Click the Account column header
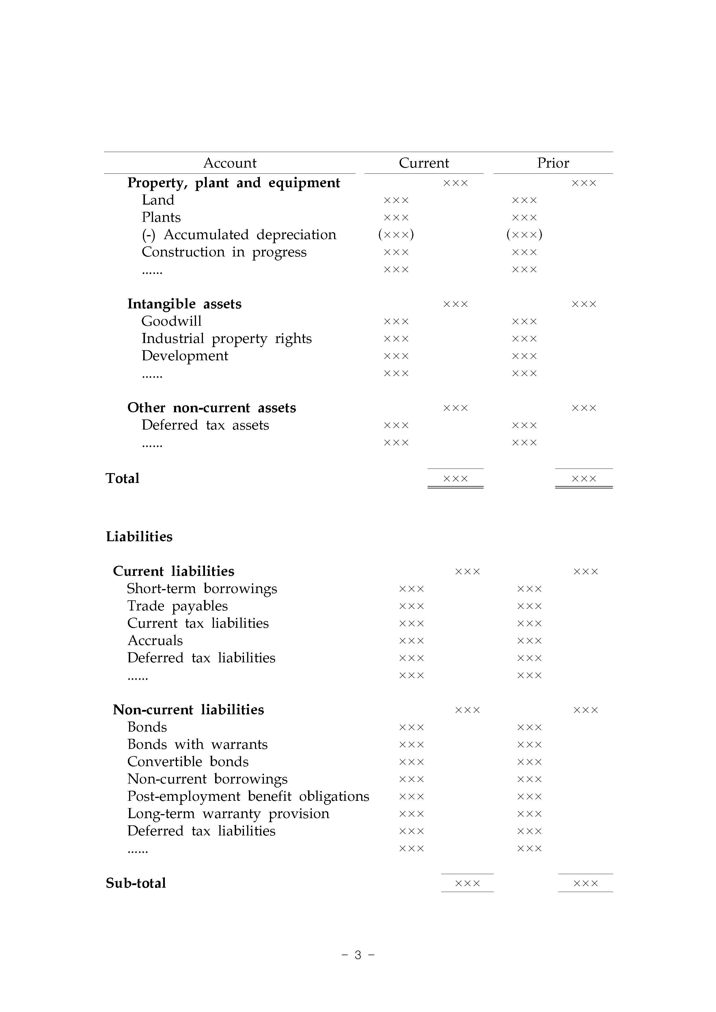coord(230,163)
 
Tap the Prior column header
coord(553,163)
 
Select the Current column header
coord(424,163)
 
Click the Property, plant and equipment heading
coord(233,183)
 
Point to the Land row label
coord(158,200)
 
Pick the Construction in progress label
coord(224,252)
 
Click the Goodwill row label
coord(171,321)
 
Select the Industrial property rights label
coord(226,338)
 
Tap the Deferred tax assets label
coord(205,425)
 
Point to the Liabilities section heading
coord(139,536)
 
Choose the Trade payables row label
coord(177,606)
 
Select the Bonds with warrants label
coord(197,745)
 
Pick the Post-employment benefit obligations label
coord(248,797)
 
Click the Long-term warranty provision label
coord(228,814)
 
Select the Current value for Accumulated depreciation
coord(396,235)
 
